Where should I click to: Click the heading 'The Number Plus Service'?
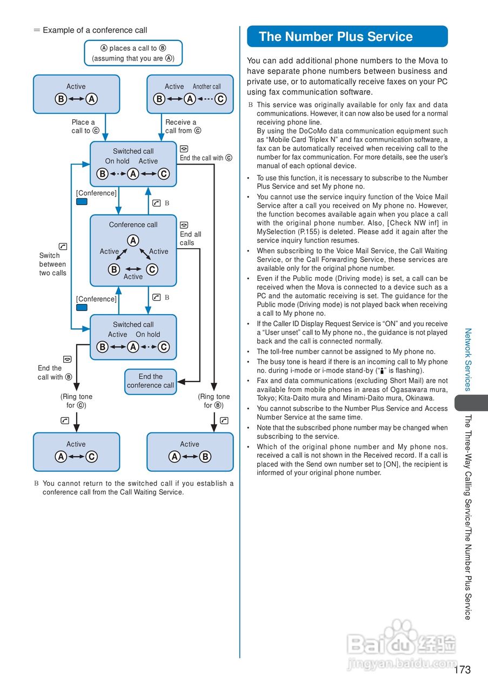336,37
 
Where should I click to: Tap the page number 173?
462,670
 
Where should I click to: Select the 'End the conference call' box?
150,381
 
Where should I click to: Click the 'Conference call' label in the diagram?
133,225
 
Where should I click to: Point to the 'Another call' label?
206,86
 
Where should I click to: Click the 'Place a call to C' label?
85,126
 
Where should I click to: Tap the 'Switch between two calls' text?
52,264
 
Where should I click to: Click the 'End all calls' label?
190,239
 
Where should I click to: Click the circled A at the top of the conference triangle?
133,241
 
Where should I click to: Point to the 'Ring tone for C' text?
76,401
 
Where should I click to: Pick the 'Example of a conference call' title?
95,30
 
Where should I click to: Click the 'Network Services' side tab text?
468,359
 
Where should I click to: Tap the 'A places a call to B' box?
133,53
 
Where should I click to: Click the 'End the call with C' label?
205,158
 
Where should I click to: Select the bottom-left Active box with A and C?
76,452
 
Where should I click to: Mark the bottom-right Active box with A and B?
190,452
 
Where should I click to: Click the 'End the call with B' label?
55,372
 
